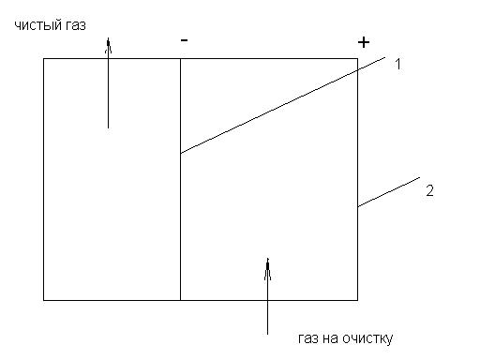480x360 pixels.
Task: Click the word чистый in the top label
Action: pyautogui.click(x=38, y=25)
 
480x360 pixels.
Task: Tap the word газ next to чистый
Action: pyautogui.click(x=76, y=25)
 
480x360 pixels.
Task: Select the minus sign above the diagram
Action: pyautogui.click(x=184, y=40)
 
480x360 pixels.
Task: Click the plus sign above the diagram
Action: pyautogui.click(x=364, y=42)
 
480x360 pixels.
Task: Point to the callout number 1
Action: pyautogui.click(x=397, y=65)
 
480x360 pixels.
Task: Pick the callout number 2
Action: pyautogui.click(x=430, y=190)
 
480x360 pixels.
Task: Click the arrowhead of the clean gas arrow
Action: pyautogui.click(x=108, y=45)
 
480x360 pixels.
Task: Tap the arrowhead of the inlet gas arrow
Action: pyautogui.click(x=267, y=269)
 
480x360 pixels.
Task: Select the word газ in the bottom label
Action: pyautogui.click(x=307, y=338)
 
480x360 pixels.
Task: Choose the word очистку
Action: pyautogui.click(x=367, y=338)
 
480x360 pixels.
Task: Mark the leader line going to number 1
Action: pyautogui.click(x=283, y=105)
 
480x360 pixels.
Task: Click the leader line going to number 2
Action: pyautogui.click(x=389, y=192)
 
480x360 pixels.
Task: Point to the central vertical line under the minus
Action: pyautogui.click(x=180, y=179)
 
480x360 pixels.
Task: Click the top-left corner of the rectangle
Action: pyautogui.click(x=44, y=59)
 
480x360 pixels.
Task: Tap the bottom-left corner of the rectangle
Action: pyautogui.click(x=44, y=300)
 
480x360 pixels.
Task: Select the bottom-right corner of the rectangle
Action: pyautogui.click(x=358, y=300)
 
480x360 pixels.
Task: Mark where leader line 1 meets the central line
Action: pyautogui.click(x=181, y=153)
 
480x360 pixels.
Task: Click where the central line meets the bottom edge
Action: pyautogui.click(x=180, y=300)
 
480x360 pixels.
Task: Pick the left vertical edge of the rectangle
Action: pyautogui.click(x=44, y=179)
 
